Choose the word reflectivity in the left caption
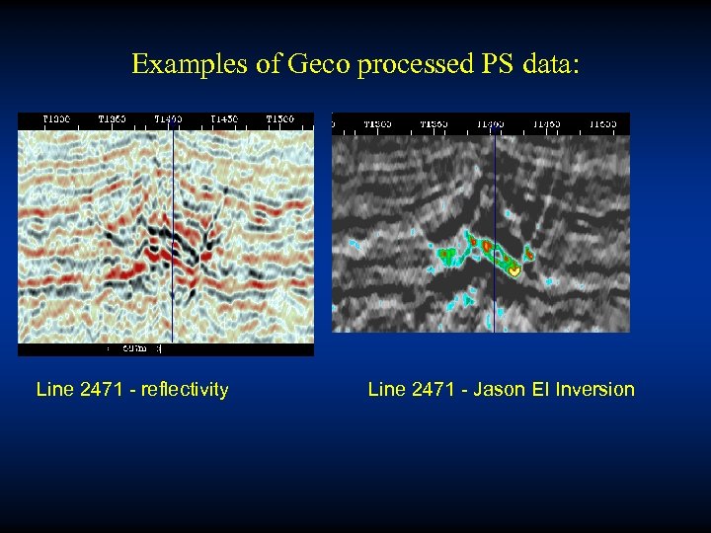[x=185, y=390]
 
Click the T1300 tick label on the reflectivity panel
[x=56, y=119]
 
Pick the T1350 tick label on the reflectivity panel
[x=112, y=119]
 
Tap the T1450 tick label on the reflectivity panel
[x=224, y=119]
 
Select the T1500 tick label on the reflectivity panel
[x=279, y=119]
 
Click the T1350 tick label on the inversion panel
[x=434, y=124]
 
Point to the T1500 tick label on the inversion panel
[x=603, y=124]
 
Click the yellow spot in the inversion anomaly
[x=513, y=269]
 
